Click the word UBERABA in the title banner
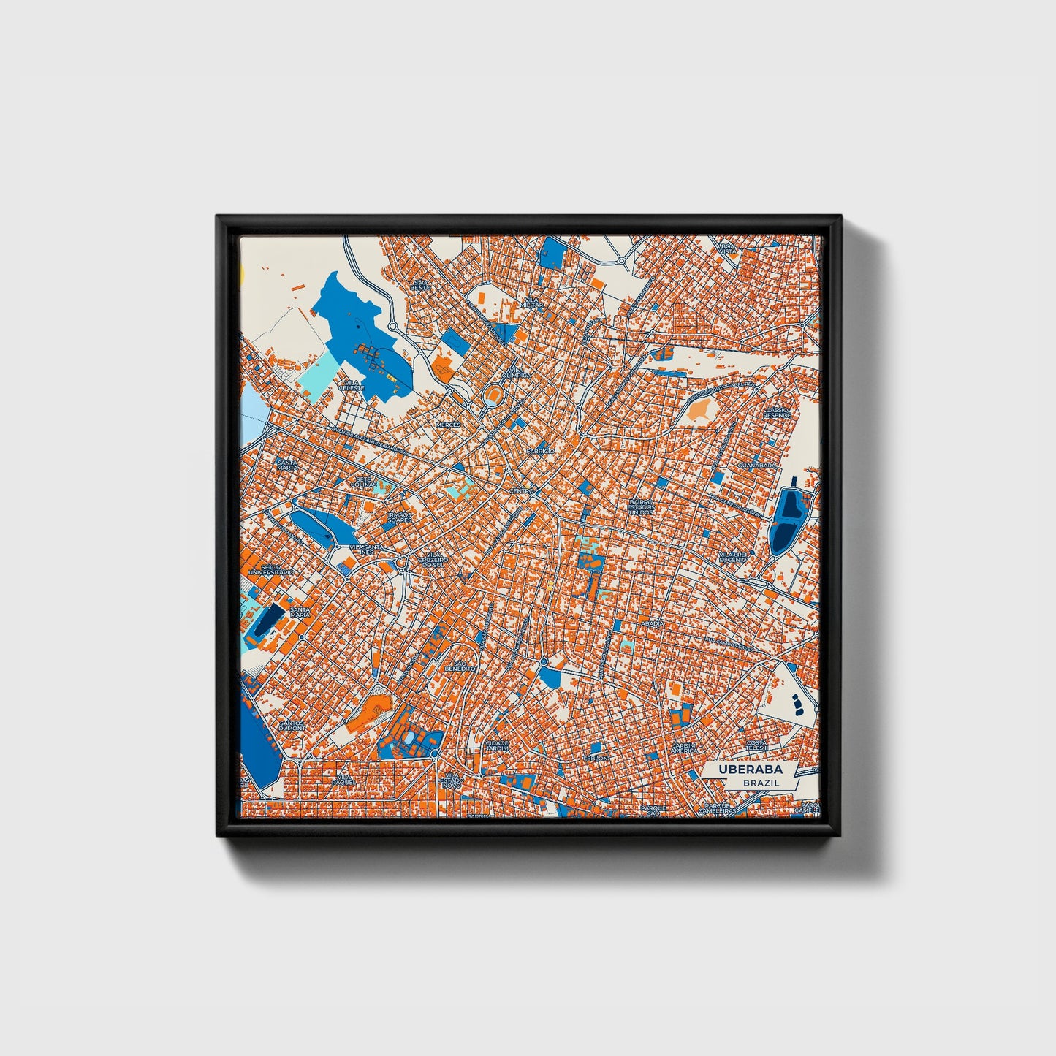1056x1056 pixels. [x=750, y=770]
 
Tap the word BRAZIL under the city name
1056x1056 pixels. [x=760, y=783]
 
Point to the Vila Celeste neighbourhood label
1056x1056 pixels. [x=351, y=384]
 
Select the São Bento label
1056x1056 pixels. [x=420, y=284]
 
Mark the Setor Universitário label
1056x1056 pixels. [x=271, y=569]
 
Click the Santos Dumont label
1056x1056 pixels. [x=291, y=726]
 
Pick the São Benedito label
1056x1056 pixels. [x=459, y=666]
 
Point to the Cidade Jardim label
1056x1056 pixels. [x=497, y=745]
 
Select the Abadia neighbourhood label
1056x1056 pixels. [x=654, y=623]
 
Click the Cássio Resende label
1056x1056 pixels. [x=777, y=413]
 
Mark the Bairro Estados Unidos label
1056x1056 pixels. [x=642, y=507]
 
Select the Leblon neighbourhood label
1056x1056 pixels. [x=595, y=758]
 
